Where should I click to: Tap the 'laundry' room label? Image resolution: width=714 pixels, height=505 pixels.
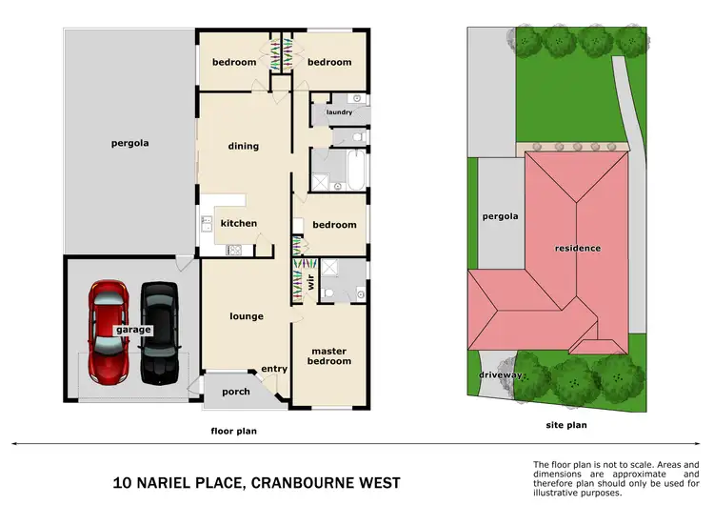pos(339,112)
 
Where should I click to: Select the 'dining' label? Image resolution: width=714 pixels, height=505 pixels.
pos(244,146)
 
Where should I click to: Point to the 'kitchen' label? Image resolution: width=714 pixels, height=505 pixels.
pos(239,223)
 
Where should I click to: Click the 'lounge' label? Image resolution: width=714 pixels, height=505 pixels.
pos(247,316)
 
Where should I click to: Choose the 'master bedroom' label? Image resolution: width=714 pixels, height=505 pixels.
pos(330,355)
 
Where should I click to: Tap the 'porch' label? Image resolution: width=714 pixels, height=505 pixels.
pos(235,392)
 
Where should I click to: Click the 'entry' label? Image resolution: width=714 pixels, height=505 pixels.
pos(274,370)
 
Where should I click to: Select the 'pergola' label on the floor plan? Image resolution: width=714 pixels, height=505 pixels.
pos(129,144)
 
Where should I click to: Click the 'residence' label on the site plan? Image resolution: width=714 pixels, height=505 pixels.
pos(578,248)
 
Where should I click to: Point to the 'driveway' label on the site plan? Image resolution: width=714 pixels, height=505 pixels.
pos(502,375)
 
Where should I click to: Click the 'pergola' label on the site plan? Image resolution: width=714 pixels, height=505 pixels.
pos(500,216)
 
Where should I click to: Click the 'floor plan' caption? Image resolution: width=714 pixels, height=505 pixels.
pos(233,431)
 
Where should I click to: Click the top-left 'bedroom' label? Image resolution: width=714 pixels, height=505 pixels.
pos(233,62)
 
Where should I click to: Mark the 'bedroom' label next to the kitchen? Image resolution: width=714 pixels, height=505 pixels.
pos(335,225)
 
